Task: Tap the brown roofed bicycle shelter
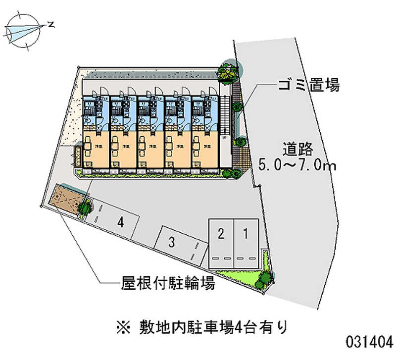(64, 199)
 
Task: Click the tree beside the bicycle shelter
(85, 207)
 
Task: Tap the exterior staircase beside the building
(227, 114)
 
